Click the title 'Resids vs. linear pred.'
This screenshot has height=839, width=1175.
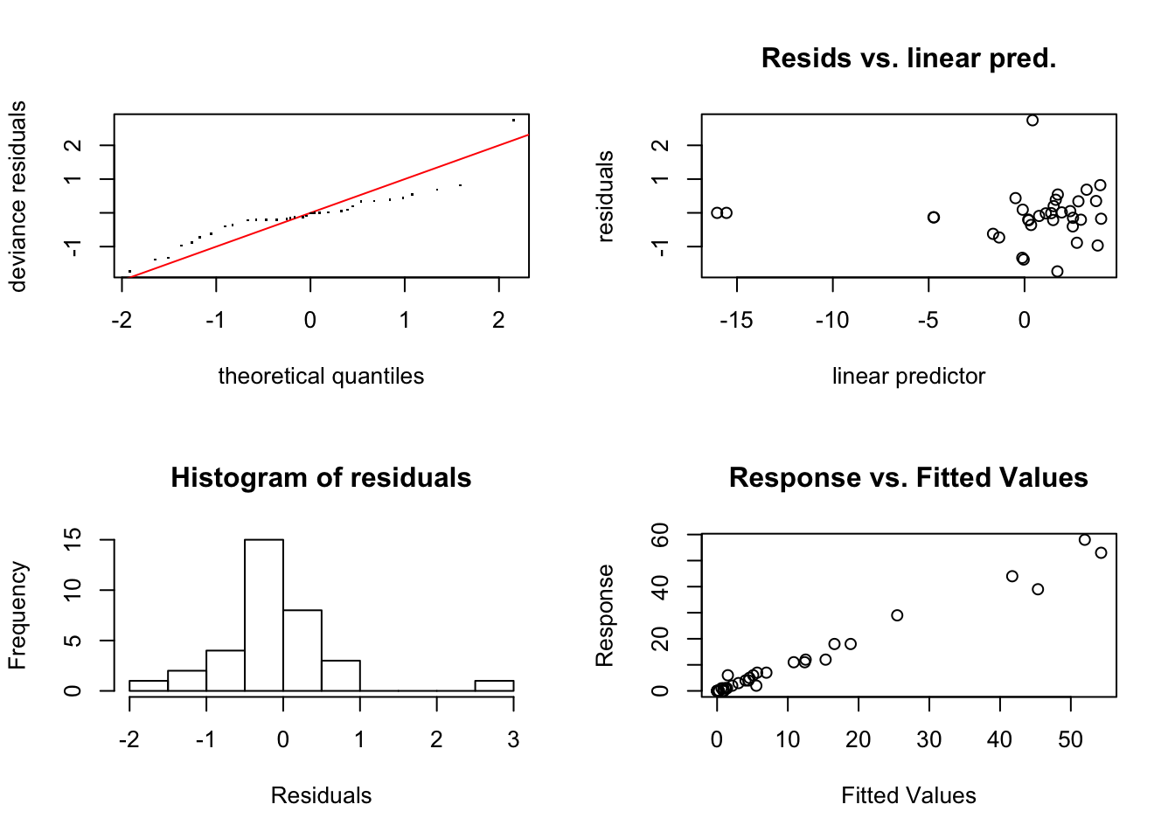[x=908, y=59]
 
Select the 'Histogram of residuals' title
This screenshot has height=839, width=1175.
[x=321, y=478]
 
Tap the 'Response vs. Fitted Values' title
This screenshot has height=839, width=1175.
[x=908, y=478]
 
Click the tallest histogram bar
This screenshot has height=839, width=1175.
[x=264, y=615]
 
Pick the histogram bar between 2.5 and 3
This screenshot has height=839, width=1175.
[x=494, y=686]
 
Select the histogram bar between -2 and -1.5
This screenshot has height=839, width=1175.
[x=149, y=686]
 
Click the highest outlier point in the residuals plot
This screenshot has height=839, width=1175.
[x=1032, y=121]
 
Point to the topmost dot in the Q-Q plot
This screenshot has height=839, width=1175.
[x=513, y=120]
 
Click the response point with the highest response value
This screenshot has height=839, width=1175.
[x=1085, y=540]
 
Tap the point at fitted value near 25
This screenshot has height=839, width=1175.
[x=897, y=615]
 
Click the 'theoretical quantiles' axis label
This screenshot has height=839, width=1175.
[x=321, y=377]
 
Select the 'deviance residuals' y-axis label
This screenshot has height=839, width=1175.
[x=17, y=196]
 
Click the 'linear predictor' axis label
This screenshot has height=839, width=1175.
[x=908, y=377]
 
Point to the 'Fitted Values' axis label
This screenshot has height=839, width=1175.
[x=908, y=796]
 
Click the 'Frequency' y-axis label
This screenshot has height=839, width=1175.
[x=17, y=615]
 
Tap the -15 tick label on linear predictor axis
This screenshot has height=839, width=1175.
[x=736, y=321]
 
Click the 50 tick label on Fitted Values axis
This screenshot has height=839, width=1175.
[x=1070, y=740]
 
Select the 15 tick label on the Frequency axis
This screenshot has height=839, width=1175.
[x=73, y=540]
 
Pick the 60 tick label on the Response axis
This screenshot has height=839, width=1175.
[x=661, y=534]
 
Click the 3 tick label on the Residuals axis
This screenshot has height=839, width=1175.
[x=513, y=740]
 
